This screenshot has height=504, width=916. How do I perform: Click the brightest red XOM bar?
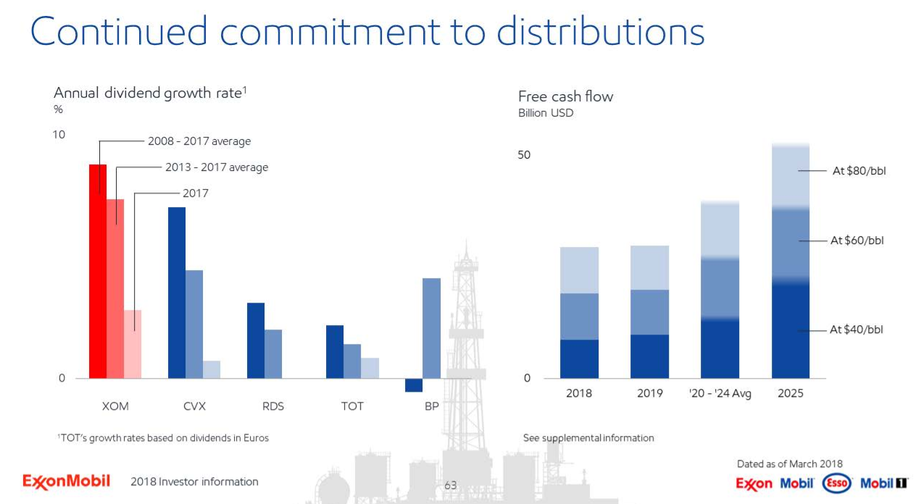coord(98,272)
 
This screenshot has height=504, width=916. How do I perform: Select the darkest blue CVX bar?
coord(177,293)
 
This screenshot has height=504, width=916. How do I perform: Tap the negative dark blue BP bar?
coord(414,385)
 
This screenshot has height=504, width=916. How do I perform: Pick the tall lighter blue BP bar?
coord(431,328)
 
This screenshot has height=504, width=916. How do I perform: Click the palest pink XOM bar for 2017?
coord(133,344)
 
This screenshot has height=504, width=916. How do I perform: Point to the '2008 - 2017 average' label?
coord(199,141)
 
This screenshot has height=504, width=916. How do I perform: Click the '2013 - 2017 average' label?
coord(217,167)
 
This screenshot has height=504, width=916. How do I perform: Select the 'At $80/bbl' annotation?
coord(859,171)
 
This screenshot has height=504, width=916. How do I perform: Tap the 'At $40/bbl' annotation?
coord(857,329)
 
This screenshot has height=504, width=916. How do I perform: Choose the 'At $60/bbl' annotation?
coord(857,240)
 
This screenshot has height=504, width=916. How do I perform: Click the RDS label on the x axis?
coord(273,406)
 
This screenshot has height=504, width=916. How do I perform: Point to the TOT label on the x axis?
coord(352,406)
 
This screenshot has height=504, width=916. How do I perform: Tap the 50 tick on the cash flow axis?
coord(524,155)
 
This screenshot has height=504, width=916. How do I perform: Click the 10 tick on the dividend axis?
coord(59,135)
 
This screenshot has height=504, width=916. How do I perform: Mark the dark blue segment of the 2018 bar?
coord(579,358)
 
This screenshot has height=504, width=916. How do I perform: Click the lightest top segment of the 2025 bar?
coord(791,177)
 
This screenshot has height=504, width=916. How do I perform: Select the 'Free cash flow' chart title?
coord(565,96)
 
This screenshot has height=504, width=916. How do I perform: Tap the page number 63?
coord(451,485)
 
